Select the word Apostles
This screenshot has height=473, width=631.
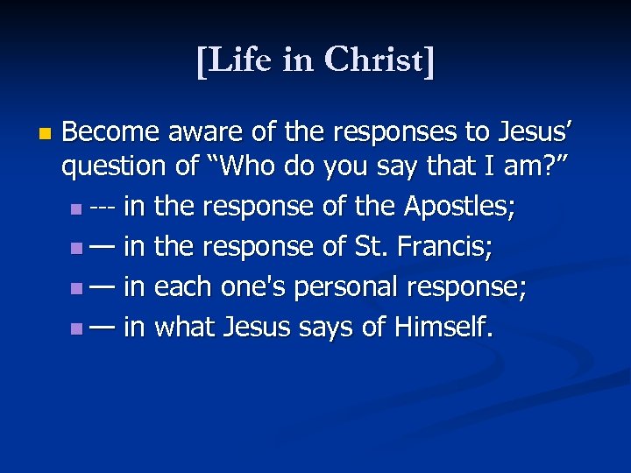(459, 208)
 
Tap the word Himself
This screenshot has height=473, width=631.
(444, 328)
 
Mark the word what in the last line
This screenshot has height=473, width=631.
(185, 328)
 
